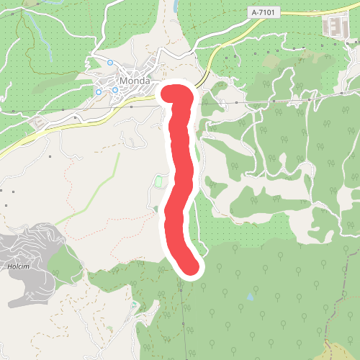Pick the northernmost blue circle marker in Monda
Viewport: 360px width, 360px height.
[x=109, y=63]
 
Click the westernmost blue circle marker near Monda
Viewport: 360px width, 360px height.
[x=99, y=92]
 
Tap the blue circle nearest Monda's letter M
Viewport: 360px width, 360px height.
[x=114, y=90]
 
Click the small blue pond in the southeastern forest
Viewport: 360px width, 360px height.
[x=250, y=297]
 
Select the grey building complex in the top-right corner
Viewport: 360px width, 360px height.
[x=333, y=27]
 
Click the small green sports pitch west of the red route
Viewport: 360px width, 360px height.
[x=159, y=184]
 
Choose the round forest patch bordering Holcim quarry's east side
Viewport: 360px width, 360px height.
[x=65, y=266]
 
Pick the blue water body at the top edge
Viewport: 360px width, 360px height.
[x=175, y=6]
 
